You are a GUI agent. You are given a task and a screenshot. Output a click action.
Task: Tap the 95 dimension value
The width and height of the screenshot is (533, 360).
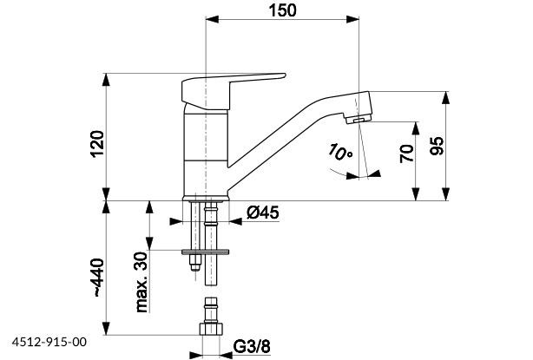pyautogui.click(x=437, y=145)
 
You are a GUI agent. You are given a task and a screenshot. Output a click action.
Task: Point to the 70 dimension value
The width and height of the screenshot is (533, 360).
pyautogui.click(x=405, y=154)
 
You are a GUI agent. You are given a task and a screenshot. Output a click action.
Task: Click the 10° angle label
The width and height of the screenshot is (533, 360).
pyautogui.click(x=339, y=153)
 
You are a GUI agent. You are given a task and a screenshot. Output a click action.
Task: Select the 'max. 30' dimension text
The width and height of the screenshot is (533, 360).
pyautogui.click(x=141, y=282)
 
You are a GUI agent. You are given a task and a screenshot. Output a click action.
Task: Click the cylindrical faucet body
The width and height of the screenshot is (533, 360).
pyautogui.click(x=207, y=147)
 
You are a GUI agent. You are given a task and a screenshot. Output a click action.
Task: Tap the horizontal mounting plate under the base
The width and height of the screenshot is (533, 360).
pyautogui.click(x=210, y=252)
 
